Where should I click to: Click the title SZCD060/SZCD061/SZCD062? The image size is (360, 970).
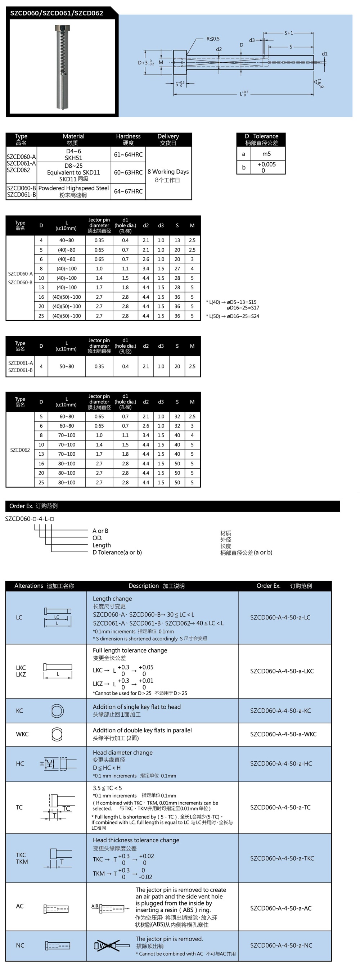click(57, 13)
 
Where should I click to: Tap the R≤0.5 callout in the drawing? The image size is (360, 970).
click(213, 39)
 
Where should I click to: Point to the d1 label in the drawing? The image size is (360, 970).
click(325, 54)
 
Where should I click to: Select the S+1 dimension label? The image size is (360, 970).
click(289, 33)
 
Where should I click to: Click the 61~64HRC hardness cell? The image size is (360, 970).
click(128, 154)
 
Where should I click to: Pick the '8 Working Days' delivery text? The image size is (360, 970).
click(168, 172)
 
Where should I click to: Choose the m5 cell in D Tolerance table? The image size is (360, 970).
click(266, 154)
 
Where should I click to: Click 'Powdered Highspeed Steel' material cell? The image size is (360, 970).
click(73, 188)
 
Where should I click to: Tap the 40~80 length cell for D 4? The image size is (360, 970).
click(67, 240)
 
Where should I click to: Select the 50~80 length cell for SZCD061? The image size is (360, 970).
click(67, 366)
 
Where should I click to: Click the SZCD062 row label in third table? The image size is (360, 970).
click(20, 450)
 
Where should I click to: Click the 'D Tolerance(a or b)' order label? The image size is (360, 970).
click(117, 552)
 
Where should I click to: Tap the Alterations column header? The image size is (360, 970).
click(44, 586)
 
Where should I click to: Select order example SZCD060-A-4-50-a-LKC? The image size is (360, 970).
click(282, 671)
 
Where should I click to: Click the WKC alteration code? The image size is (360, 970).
click(22, 734)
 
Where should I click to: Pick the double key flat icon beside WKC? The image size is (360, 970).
click(57, 734)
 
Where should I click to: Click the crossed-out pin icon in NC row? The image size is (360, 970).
click(107, 946)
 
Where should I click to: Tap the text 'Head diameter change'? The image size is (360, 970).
click(123, 752)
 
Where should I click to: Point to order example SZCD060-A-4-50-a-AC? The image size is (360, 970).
click(281, 908)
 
